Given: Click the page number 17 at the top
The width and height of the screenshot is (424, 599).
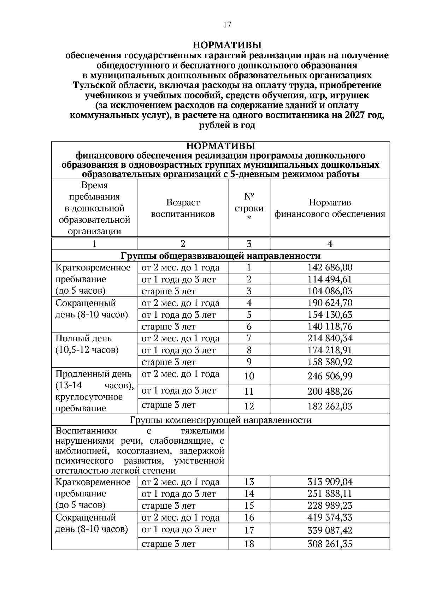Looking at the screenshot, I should click(x=227, y=24).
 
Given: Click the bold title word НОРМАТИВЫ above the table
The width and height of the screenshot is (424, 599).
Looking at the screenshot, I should click(x=227, y=45).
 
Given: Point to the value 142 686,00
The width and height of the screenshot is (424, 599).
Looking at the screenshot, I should click(x=330, y=268).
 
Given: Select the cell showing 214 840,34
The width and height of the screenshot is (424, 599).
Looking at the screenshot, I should click(x=330, y=338).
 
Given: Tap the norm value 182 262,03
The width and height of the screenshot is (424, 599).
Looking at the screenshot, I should click(x=330, y=406).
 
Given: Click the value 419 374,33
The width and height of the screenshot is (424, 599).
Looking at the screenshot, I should click(x=330, y=517).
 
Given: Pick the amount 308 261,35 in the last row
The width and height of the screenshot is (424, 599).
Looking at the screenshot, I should click(x=330, y=544).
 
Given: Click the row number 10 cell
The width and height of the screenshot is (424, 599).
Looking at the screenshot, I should click(x=249, y=376).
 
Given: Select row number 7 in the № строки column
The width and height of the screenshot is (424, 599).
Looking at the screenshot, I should click(x=249, y=338).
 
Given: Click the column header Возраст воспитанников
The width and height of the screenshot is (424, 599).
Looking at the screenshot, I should click(x=183, y=208).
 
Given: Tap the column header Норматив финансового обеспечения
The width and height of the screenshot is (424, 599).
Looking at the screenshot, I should click(x=330, y=208).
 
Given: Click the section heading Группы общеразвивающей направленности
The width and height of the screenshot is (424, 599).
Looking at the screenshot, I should click(x=220, y=256).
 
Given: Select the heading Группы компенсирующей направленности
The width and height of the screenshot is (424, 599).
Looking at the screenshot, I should click(x=220, y=420).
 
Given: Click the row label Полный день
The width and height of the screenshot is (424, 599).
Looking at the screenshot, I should click(x=83, y=339).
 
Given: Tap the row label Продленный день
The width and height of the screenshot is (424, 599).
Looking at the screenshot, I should click(x=93, y=374).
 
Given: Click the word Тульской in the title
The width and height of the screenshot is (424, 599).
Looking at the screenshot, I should click(x=93, y=85).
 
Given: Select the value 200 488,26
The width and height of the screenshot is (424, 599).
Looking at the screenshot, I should click(x=330, y=391).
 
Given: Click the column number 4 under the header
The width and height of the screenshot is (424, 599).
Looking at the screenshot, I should click(x=330, y=244).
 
